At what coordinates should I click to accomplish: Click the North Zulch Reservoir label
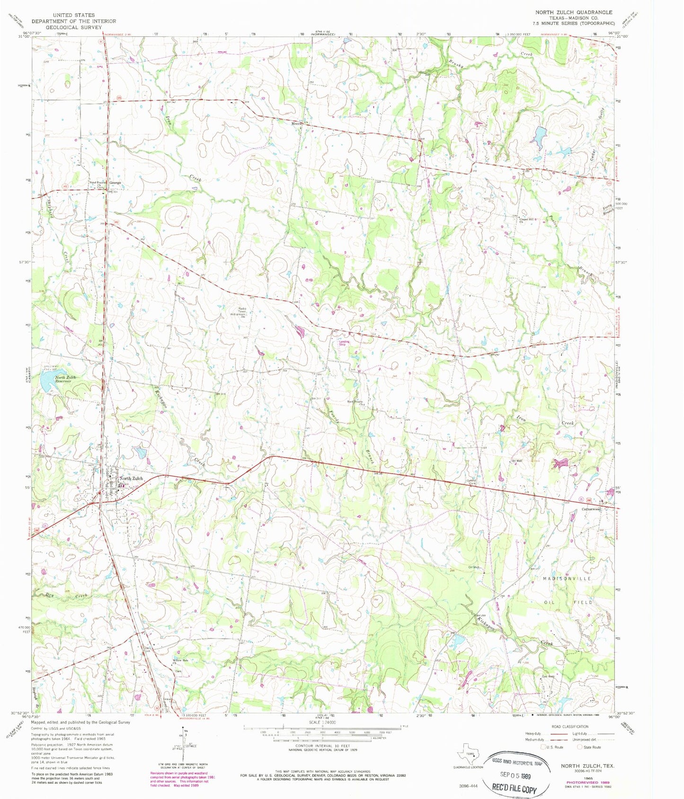tap(65, 379)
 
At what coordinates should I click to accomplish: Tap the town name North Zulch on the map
tap(131, 478)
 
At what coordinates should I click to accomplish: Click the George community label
tap(115, 182)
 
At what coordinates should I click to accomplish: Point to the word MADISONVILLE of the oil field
tap(567, 579)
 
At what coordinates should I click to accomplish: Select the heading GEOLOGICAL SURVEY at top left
tap(73, 27)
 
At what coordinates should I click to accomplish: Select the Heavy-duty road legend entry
tap(537, 733)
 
